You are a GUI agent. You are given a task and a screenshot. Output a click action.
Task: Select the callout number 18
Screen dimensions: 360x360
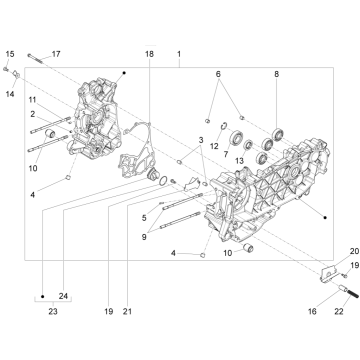click(149, 52)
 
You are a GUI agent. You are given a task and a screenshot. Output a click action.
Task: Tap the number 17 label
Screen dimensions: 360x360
click(56, 53)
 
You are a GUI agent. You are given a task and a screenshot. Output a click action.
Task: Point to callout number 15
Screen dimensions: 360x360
click(9, 52)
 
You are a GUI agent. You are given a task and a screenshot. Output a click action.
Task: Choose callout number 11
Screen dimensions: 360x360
click(33, 100)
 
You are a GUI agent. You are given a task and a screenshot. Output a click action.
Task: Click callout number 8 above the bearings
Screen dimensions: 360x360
click(276, 75)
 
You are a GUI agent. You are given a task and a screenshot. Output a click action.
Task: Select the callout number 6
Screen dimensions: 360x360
click(216, 75)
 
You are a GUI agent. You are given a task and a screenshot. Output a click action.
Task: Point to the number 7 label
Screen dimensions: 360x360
click(226, 154)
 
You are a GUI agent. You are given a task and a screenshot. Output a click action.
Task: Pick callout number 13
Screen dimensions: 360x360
click(239, 160)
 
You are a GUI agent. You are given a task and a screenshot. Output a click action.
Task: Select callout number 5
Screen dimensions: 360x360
click(145, 215)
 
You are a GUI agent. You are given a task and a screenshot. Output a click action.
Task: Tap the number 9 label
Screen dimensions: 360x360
click(145, 237)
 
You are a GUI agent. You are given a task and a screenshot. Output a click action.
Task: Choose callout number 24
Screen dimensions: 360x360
click(62, 295)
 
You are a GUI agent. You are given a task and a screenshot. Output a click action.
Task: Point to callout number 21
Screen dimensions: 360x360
click(127, 312)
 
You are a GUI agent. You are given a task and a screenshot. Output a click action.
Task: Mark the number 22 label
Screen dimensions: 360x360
click(339, 312)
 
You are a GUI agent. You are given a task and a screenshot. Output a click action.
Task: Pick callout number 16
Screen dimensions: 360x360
click(311, 312)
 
